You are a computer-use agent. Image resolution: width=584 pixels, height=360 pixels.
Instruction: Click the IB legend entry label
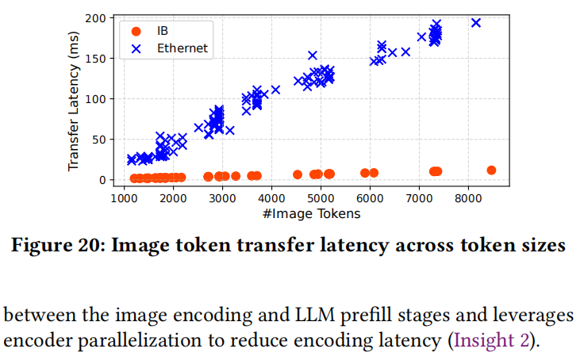pos(163,31)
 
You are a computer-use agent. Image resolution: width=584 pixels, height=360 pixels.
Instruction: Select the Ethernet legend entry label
pos(183,48)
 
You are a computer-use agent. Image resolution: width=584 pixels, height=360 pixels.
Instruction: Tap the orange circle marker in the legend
pos(136,31)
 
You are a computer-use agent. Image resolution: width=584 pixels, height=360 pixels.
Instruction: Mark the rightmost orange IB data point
pos(491,170)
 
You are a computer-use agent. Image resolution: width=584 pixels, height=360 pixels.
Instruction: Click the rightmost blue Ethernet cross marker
pos(476,23)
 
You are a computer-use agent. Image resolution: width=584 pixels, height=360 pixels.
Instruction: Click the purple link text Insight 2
pos(490,342)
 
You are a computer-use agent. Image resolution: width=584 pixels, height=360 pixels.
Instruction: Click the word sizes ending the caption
pos(545,246)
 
